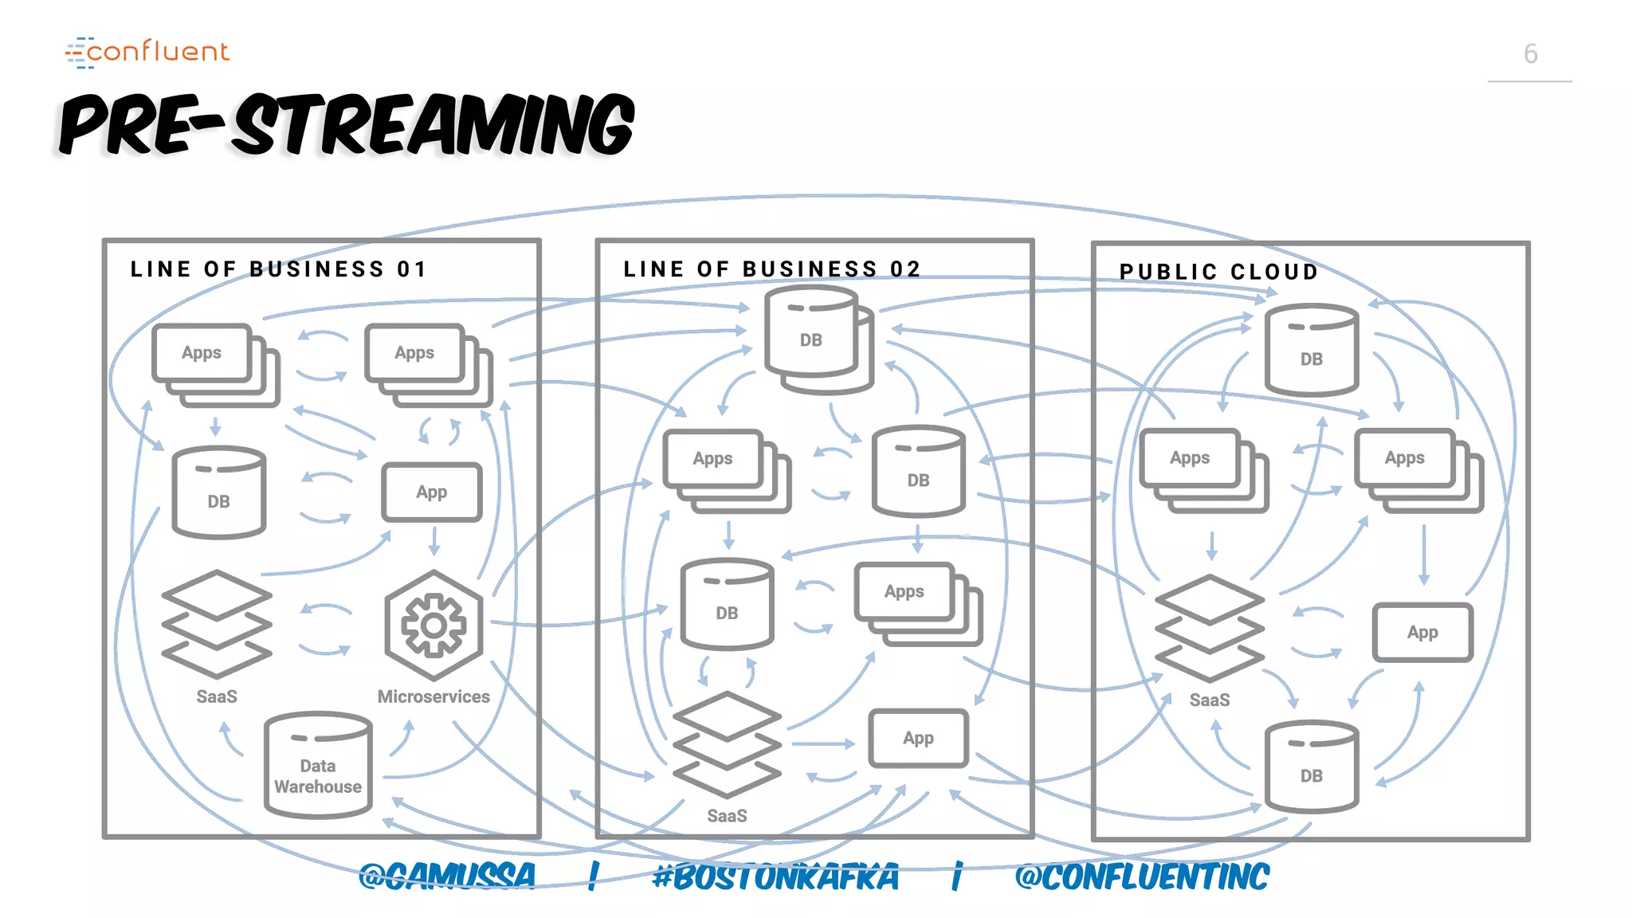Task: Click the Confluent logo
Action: pyautogui.click(x=148, y=52)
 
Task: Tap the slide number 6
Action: pyautogui.click(x=1530, y=54)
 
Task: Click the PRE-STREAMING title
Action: pyautogui.click(x=347, y=124)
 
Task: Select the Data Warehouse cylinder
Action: pyautogui.click(x=318, y=766)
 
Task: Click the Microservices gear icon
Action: pyautogui.click(x=433, y=625)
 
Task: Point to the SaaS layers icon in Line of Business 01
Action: pyautogui.click(x=217, y=624)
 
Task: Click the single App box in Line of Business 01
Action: pyautogui.click(x=431, y=492)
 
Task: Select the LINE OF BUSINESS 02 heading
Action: pyautogui.click(x=771, y=269)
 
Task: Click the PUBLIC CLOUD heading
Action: pyautogui.click(x=1218, y=272)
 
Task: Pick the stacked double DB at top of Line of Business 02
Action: pyautogui.click(x=817, y=341)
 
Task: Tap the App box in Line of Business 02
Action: pyautogui.click(x=918, y=739)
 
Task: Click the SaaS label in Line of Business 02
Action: pyautogui.click(x=727, y=816)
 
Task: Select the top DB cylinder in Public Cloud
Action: pyautogui.click(x=1311, y=351)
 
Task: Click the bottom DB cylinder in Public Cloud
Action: pyautogui.click(x=1311, y=767)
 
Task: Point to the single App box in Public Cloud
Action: pyautogui.click(x=1422, y=633)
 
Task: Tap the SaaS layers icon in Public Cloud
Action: pyautogui.click(x=1209, y=628)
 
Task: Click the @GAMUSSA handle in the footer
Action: pyautogui.click(x=446, y=877)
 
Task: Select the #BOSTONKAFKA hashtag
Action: pyautogui.click(x=775, y=877)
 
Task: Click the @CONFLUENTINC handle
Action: pyautogui.click(x=1141, y=877)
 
